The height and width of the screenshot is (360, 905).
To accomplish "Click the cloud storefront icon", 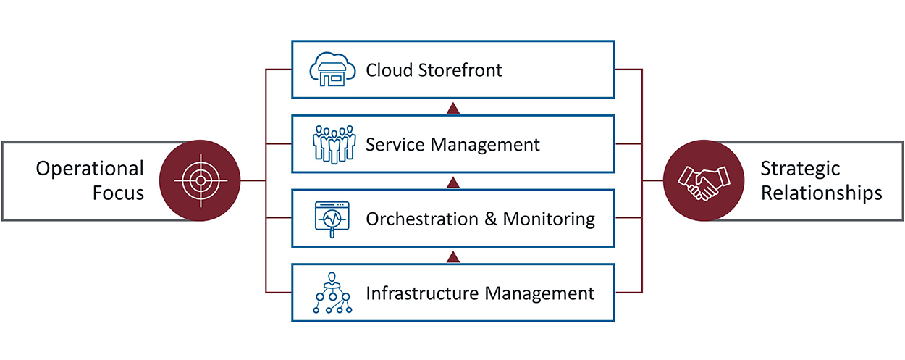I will point(332,70).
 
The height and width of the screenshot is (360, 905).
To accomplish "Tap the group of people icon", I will point(332,144).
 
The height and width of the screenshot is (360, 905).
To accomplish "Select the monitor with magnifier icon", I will point(332,218).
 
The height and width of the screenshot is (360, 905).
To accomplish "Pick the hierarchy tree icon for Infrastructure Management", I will point(332,293).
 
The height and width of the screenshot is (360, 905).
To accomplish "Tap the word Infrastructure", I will point(423,293).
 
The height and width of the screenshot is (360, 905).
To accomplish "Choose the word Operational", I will point(90,169).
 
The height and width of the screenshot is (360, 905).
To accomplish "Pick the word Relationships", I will point(821,193).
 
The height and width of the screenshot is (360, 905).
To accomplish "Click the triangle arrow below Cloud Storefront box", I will point(453,109).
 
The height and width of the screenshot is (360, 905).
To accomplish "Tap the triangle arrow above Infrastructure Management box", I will point(453,256).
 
